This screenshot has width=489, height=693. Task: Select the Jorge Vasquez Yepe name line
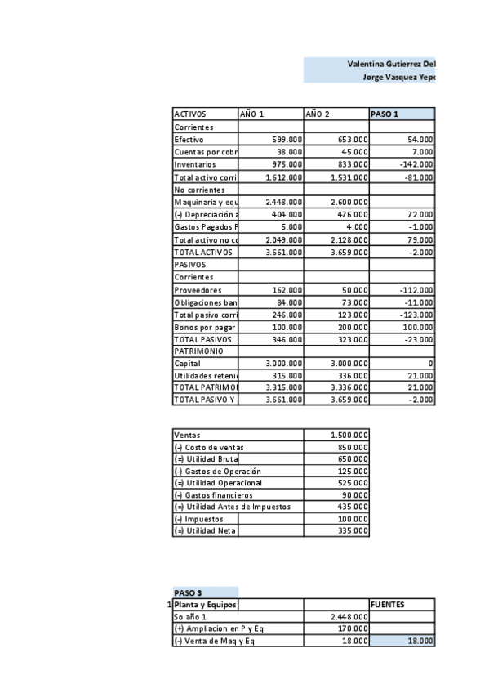[398, 76]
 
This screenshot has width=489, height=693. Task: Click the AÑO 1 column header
[251, 114]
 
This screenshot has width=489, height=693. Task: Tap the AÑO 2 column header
[318, 114]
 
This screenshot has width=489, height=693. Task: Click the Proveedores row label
[198, 290]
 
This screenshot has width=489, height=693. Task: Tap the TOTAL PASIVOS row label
[203, 338]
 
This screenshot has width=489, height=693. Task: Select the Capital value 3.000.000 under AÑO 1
[282, 364]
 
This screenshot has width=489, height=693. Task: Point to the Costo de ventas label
[209, 448]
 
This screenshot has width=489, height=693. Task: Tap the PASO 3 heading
[189, 592]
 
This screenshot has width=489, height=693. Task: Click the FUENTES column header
[389, 605]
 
